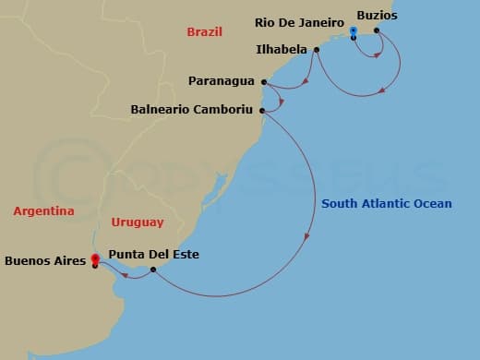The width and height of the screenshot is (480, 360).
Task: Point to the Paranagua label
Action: point(222,80)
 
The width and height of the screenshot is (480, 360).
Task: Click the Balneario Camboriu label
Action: point(192,110)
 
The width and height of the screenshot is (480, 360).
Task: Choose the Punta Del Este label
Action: point(153,254)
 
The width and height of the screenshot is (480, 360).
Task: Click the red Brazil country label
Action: point(205,31)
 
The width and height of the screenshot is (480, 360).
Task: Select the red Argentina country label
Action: point(43,211)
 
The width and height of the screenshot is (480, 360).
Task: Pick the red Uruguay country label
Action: point(137,222)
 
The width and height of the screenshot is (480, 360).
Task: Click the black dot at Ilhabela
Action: point(317,50)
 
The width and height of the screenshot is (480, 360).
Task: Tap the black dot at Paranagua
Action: point(263,80)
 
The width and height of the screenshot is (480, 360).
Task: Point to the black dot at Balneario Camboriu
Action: point(263,111)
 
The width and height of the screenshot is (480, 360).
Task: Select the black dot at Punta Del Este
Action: point(153,269)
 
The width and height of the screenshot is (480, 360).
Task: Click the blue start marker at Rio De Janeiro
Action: point(354,31)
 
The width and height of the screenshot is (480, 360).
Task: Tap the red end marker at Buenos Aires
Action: point(95,259)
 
